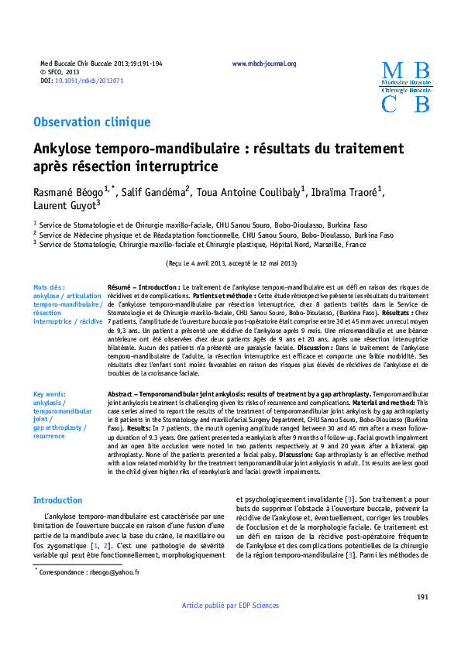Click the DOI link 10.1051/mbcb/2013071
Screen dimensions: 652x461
point(89,81)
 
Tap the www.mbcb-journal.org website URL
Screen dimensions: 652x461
point(264,64)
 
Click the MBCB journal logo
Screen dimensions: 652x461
point(406,88)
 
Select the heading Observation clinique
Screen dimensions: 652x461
point(91,122)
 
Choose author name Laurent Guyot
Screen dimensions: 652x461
point(64,206)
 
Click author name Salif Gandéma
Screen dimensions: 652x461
point(157,191)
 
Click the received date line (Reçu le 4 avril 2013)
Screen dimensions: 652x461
point(230,263)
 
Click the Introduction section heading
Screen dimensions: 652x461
point(57,479)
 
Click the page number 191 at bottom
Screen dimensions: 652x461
point(422,596)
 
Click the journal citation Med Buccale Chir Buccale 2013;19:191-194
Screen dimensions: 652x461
point(101,64)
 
